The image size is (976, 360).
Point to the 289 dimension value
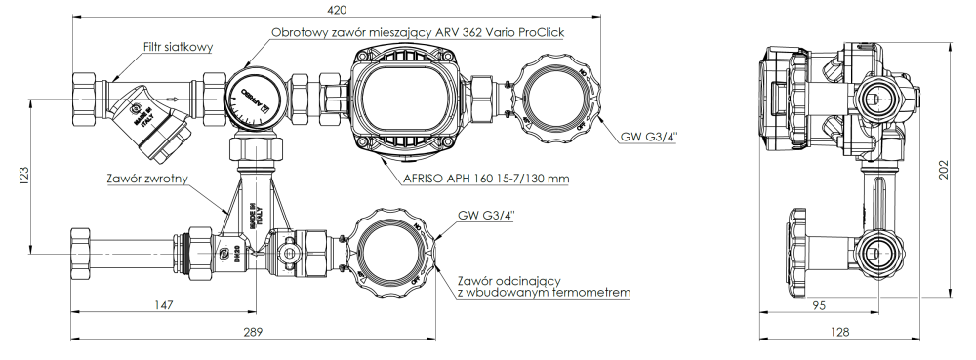point(253,332)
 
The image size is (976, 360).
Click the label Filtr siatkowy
point(178,47)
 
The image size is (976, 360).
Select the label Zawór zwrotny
point(147,180)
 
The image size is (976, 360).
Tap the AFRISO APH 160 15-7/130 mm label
point(485,180)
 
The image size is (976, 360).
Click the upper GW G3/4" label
point(649,138)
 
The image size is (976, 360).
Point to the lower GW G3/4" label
point(486,215)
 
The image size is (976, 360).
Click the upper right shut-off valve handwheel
point(553,95)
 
